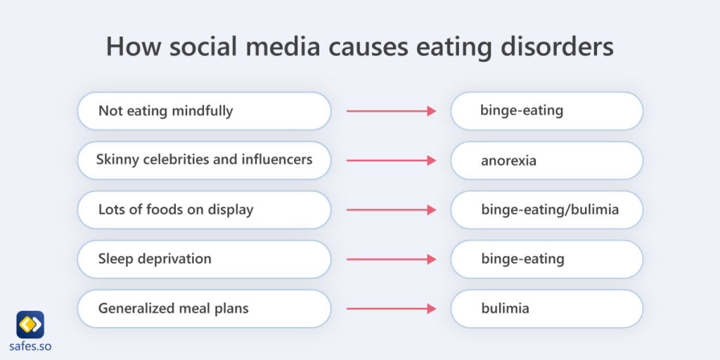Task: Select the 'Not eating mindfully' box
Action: [x=204, y=111]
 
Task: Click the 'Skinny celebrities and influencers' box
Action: [x=204, y=160]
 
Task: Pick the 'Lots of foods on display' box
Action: [x=204, y=210]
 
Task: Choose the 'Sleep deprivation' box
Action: [x=204, y=259]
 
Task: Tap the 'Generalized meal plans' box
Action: [x=204, y=308]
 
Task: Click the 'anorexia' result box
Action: [x=546, y=160]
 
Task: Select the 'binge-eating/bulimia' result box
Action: [x=546, y=210]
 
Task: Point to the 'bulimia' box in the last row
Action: [x=546, y=308]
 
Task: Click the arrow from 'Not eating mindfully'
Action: [x=391, y=111]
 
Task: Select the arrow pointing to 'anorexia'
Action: [x=391, y=160]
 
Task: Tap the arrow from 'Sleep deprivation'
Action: [x=391, y=259]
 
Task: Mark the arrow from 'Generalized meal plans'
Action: [x=391, y=308]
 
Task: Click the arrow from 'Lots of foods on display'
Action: [x=391, y=210]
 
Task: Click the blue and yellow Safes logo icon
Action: [x=30, y=324]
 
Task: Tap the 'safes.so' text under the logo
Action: [x=30, y=346]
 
